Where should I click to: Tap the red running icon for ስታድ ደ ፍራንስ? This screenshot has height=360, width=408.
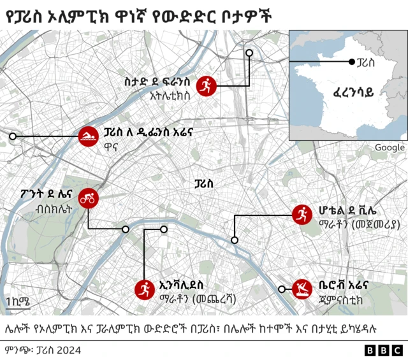[206, 85]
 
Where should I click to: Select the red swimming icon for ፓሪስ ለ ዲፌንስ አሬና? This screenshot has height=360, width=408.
[87, 137]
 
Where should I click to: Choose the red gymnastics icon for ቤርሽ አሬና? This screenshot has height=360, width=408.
[301, 289]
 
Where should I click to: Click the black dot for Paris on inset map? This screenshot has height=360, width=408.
[351, 62]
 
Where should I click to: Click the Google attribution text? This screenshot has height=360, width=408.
[389, 147]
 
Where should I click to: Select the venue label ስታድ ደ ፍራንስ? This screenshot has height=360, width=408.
[158, 82]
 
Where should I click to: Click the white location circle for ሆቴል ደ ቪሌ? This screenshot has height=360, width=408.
[235, 240]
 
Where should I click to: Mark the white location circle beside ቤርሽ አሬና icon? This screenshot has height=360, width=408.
[282, 289]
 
